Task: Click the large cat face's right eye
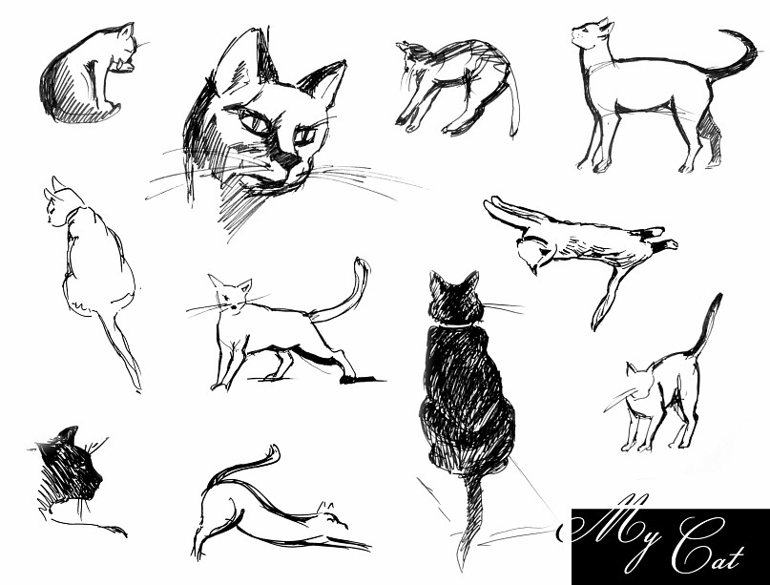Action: click(304, 136)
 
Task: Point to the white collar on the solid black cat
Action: click(454, 324)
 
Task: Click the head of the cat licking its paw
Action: click(124, 49)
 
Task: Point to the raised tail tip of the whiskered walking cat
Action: click(363, 268)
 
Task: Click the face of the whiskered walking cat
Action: click(231, 296)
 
